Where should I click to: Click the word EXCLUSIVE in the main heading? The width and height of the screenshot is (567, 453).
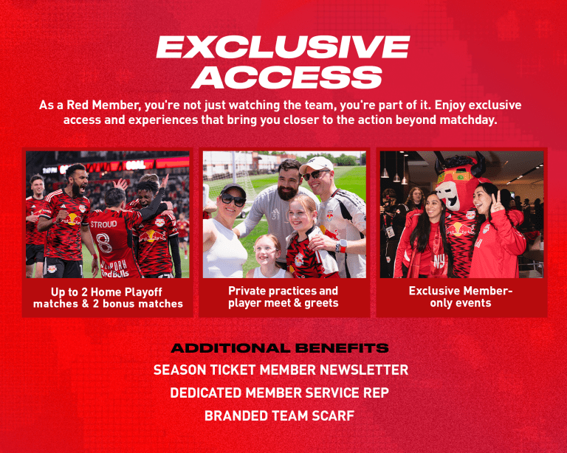point(283,48)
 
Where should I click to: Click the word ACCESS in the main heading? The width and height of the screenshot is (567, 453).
point(283,77)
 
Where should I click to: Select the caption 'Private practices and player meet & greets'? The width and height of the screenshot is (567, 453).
point(283,297)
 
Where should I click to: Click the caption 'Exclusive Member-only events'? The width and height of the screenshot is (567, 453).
point(461,297)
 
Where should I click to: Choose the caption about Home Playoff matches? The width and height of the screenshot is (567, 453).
point(108,298)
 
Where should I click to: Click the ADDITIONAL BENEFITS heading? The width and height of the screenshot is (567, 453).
point(280,348)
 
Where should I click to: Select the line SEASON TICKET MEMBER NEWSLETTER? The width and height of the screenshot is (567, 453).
point(281,370)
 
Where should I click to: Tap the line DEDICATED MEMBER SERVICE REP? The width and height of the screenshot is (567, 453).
point(281,393)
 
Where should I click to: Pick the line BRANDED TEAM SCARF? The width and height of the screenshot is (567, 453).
point(280,416)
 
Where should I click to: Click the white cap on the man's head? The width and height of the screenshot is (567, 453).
point(318,163)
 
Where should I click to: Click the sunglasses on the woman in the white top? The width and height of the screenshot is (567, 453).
point(232,200)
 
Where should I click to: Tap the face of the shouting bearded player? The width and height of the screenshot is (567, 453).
point(76,180)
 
